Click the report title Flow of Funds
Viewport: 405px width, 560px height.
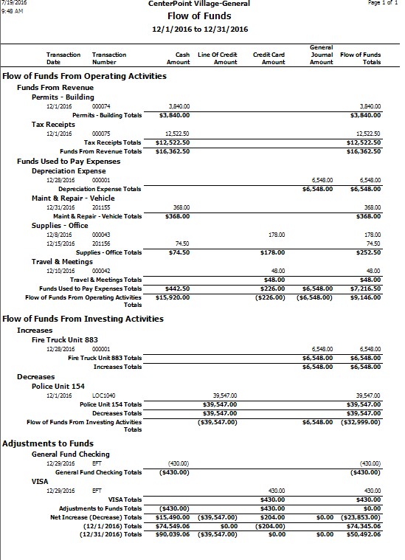(204, 15)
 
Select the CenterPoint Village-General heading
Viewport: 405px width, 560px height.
(204, 4)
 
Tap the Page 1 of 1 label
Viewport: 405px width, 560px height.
(382, 4)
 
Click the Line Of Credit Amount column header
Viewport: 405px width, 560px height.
(220, 58)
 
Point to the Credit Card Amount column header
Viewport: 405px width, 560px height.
(269, 58)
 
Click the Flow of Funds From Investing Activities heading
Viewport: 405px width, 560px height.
(83, 319)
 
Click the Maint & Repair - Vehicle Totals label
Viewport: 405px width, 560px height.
(97, 216)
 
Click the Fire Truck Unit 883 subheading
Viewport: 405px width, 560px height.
(65, 339)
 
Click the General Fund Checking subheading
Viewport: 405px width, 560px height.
(71, 454)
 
